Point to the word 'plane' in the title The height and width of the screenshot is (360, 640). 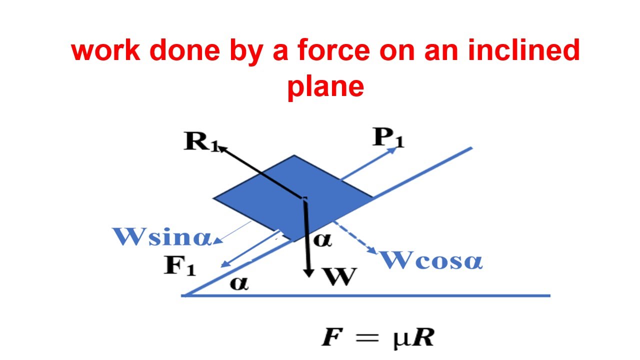click(x=325, y=85)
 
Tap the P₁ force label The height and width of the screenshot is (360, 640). click(x=387, y=138)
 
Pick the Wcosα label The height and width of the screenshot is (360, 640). click(x=431, y=260)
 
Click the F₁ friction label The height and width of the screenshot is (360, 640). click(x=180, y=266)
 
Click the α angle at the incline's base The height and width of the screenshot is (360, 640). click(x=238, y=283)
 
